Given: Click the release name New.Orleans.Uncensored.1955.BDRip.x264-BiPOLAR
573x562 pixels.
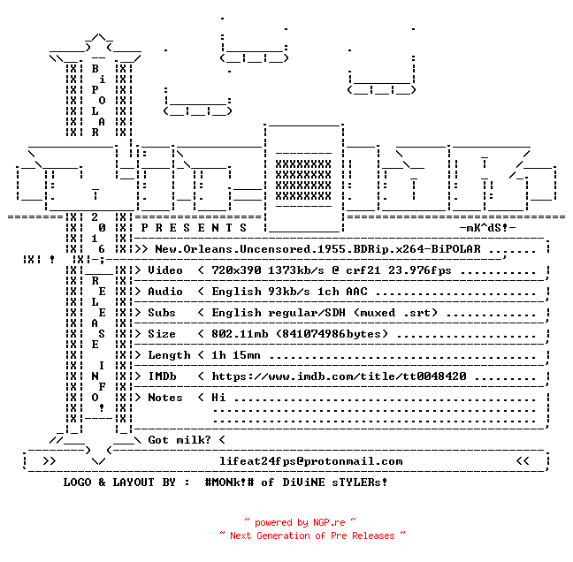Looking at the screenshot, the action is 317,249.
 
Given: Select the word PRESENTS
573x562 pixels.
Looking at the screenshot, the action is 194,228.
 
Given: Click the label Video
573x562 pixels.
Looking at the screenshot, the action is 165,270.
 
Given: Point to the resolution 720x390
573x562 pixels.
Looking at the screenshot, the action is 236,270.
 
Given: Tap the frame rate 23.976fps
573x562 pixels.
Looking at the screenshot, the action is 420,270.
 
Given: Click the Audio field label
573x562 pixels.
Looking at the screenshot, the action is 165,292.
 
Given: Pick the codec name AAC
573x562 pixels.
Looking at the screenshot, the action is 356,292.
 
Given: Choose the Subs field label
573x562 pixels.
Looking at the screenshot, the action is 162,313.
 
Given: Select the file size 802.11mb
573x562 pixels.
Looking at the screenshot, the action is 240,334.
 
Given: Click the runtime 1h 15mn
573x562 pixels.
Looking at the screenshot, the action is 236,355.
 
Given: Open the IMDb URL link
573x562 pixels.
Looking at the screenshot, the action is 339,376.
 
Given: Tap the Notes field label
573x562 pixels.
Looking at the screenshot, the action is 165,398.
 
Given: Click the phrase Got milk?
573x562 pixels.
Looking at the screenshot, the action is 180,440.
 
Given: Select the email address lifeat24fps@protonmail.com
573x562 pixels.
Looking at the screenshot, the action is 310,461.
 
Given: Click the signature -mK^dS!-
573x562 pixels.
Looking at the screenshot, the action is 487,228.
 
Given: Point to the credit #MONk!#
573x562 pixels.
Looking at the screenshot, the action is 229,482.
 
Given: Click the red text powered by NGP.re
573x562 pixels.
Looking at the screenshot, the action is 300,522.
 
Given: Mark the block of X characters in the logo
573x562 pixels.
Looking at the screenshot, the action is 303,180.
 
